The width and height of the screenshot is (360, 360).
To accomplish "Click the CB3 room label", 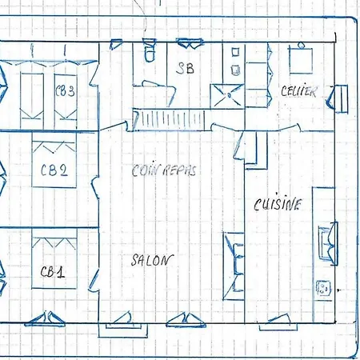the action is tap(65, 90).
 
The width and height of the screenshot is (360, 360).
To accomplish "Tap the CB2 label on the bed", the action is tap(54, 170).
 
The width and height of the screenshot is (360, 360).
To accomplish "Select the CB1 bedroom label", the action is tap(53, 272).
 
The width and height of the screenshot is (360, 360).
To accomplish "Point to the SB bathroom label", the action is tap(185, 68).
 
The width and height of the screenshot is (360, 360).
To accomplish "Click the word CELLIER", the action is tap(298, 91).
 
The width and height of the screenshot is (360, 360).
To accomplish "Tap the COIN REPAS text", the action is tap(164, 170).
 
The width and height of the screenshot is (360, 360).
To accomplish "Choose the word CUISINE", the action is tap(278, 204).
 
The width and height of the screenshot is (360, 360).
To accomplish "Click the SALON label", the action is tap(152, 260).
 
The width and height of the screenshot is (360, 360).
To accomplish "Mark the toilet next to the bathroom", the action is tap(149, 50).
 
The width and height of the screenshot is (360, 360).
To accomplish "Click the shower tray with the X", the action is tap(227, 96).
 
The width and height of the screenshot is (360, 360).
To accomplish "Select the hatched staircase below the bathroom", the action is tap(169, 120).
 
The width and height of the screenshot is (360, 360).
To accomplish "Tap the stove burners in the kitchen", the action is tap(323, 288).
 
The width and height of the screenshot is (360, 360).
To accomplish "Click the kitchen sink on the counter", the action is tap(327, 244).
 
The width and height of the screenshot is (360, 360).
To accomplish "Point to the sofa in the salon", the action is tap(234, 266).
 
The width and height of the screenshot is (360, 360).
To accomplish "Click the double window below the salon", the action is tap(186, 320).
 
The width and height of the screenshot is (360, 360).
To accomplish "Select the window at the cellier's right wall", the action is tap(338, 98).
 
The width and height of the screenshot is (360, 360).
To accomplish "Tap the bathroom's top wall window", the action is tap(190, 43).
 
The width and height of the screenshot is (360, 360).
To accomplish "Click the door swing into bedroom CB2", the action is tap(95, 187).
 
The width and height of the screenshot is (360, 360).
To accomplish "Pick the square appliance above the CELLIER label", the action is tap(301, 61).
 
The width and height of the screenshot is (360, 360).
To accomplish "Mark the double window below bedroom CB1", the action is tap(45, 319).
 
